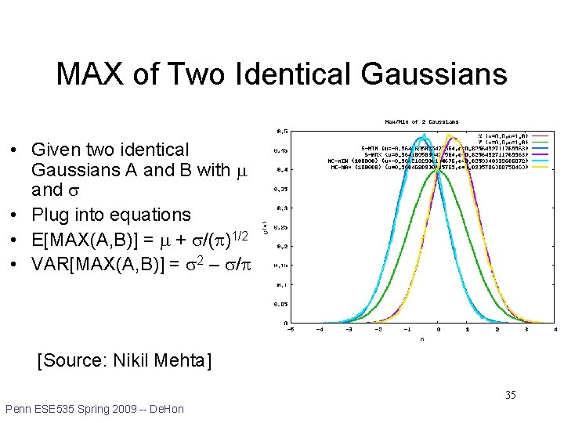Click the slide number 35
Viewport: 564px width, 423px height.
(x=510, y=395)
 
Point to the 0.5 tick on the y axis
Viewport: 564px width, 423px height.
(x=280, y=131)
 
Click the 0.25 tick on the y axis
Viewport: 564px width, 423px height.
(x=278, y=226)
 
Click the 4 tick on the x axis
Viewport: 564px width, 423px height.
(x=554, y=330)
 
